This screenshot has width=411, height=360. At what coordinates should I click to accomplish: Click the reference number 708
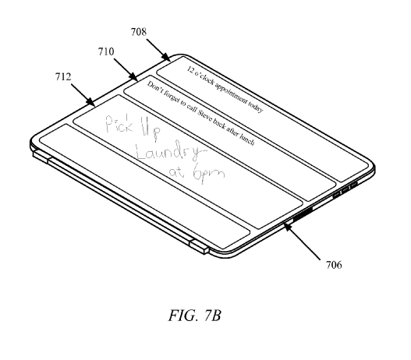(x=139, y=32)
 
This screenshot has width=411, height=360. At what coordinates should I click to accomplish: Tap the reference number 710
(x=106, y=51)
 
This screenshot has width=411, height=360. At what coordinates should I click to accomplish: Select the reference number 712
(x=63, y=76)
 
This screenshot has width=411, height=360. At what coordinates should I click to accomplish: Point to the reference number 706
(x=334, y=265)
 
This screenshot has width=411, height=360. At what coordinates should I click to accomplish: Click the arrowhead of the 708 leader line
(x=166, y=58)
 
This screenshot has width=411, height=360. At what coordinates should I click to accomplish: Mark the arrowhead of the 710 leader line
(x=133, y=77)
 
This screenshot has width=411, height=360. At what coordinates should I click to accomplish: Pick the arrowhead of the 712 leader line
(x=91, y=102)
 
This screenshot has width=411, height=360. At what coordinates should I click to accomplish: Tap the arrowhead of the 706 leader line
(x=288, y=228)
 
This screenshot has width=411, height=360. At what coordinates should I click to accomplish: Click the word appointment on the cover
(x=231, y=93)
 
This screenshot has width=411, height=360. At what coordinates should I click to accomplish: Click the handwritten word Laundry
(x=171, y=151)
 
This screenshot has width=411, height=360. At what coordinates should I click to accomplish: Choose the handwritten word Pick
(x=119, y=124)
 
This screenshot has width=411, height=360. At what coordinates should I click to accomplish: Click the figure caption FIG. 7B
(x=194, y=316)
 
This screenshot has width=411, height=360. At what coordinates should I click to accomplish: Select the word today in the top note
(x=256, y=107)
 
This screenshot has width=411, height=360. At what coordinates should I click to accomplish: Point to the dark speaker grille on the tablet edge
(x=303, y=213)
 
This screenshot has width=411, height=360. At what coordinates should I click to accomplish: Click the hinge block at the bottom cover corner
(x=199, y=246)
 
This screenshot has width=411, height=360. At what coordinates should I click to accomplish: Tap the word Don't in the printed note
(x=154, y=87)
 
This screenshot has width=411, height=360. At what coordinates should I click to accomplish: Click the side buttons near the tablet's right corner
(x=345, y=189)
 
